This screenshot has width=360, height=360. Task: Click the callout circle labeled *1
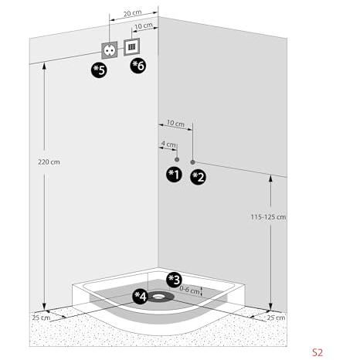(174, 175)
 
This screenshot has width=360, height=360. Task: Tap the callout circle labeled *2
(198, 177)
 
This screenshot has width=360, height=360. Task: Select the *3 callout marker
(174, 280)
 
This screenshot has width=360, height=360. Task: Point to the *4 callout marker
(141, 297)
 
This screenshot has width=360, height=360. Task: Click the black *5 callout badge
(99, 70)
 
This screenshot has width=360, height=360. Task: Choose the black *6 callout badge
(138, 66)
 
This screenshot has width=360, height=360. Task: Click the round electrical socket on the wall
(109, 50)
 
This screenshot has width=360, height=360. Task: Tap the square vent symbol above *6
(132, 46)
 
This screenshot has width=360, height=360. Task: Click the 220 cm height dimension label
(49, 162)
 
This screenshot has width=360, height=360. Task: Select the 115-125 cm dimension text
(268, 217)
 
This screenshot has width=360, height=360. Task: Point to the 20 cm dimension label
(132, 13)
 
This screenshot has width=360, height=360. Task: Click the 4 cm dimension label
(168, 144)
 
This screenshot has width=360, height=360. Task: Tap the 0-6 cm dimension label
(189, 290)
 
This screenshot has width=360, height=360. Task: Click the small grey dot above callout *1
(177, 160)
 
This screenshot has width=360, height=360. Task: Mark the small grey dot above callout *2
(192, 162)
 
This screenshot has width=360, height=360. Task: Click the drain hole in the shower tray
(158, 297)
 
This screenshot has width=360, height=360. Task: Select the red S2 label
(318, 352)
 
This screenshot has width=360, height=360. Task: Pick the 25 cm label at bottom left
(41, 318)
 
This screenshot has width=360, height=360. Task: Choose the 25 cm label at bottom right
(276, 318)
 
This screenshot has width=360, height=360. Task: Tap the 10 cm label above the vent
(144, 26)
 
